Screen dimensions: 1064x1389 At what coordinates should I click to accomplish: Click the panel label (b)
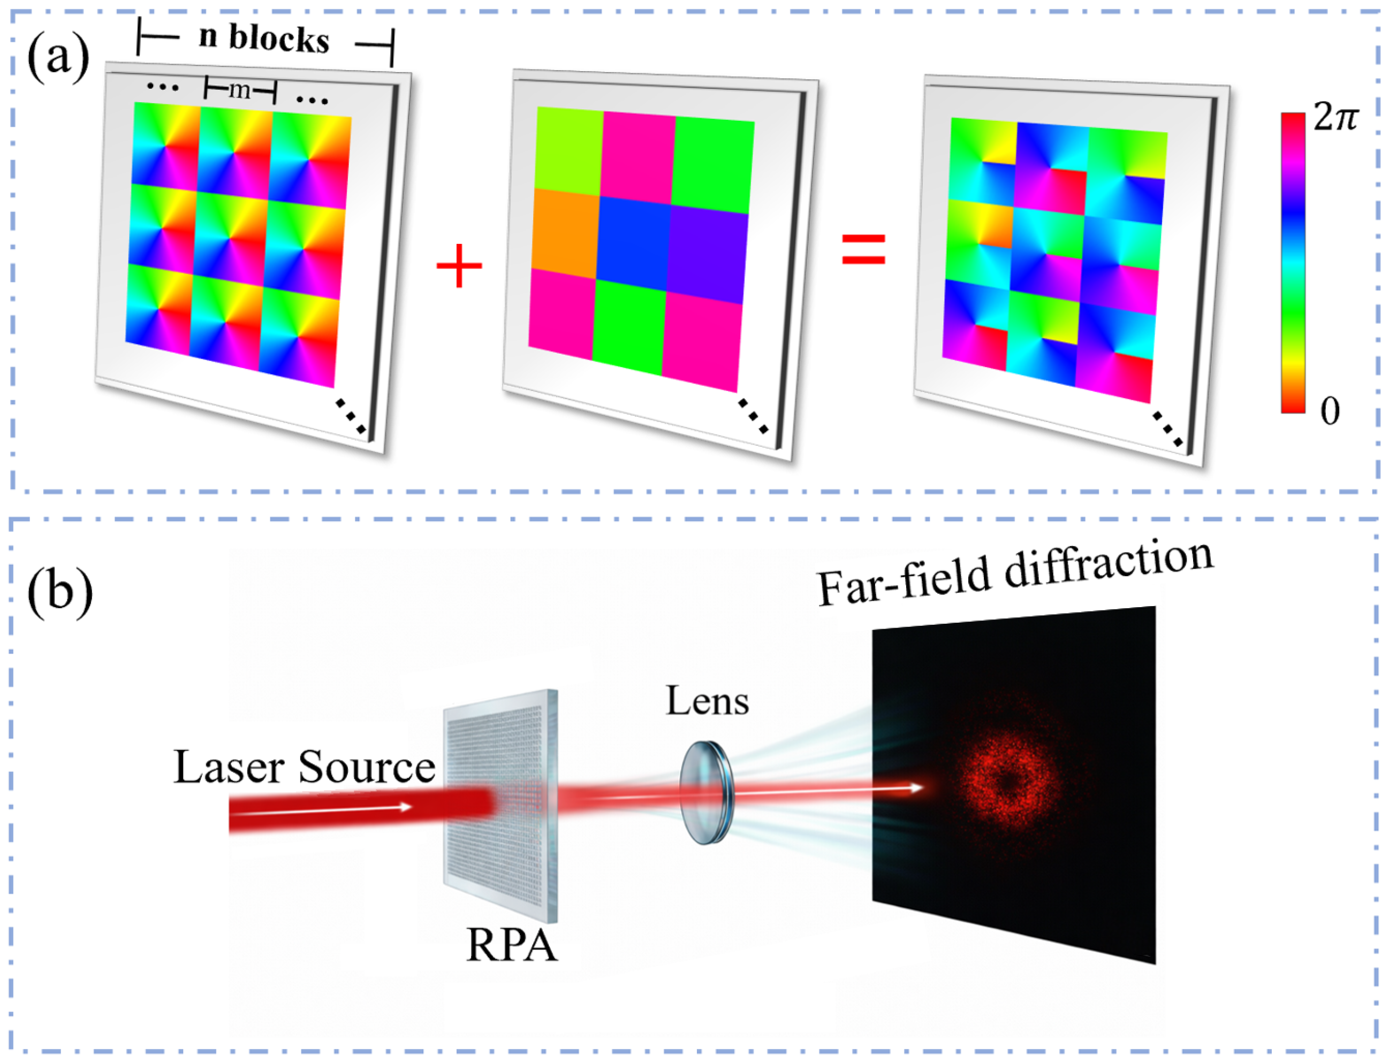tap(59, 590)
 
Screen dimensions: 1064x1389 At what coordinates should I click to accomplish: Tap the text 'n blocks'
tap(264, 39)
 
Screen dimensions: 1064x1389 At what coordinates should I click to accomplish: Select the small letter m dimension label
tap(239, 90)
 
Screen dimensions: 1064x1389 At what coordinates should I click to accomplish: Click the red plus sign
tap(459, 266)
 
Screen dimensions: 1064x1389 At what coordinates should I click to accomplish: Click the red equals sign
tap(863, 248)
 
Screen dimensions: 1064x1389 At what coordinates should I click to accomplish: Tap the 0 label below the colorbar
tap(1330, 412)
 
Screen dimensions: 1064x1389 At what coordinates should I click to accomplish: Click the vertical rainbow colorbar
tap(1293, 263)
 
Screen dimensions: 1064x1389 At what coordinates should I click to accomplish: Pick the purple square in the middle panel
tap(709, 256)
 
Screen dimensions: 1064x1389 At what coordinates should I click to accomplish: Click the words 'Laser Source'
tap(304, 767)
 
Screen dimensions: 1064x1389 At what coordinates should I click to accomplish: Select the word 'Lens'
tap(707, 701)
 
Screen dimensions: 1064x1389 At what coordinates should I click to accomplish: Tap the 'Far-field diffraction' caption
tap(1014, 573)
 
